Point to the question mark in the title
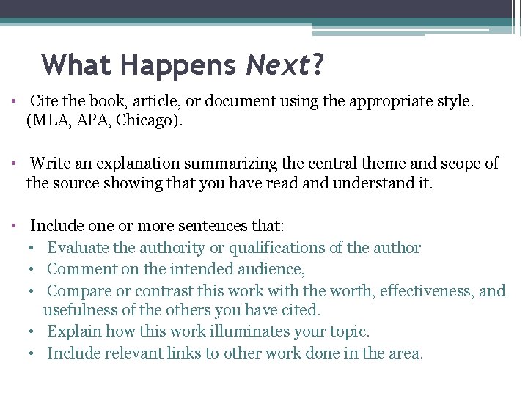(x=318, y=65)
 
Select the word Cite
(x=45, y=102)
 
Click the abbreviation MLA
(x=50, y=121)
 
